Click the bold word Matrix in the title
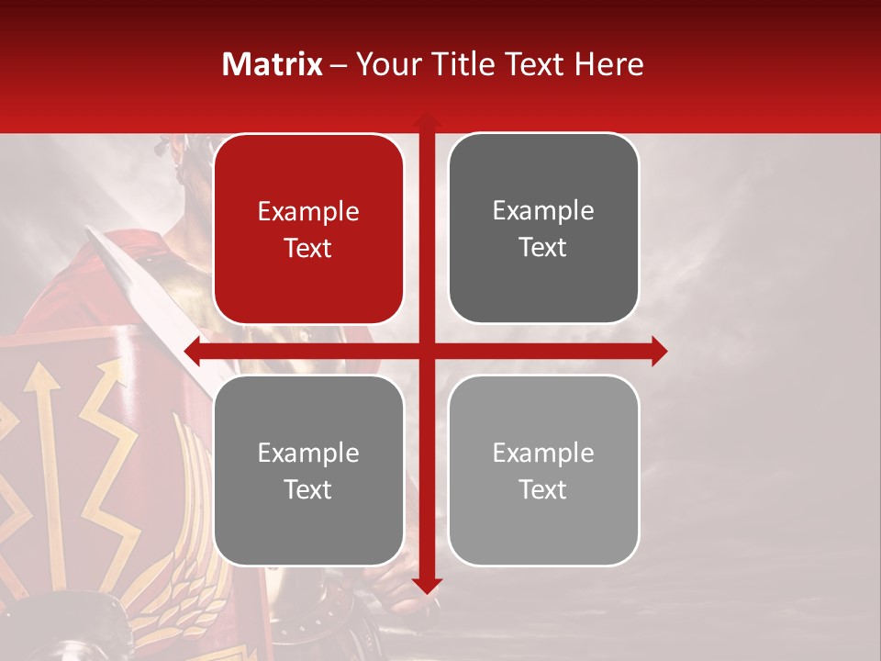[x=272, y=64]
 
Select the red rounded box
[x=308, y=230]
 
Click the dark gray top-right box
[x=543, y=229]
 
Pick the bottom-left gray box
[x=308, y=471]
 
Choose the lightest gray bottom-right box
[x=543, y=471]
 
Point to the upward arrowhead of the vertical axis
[x=427, y=120]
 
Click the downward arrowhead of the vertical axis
[x=427, y=585]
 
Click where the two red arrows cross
[x=427, y=351]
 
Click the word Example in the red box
[x=308, y=212]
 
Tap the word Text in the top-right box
[x=543, y=248]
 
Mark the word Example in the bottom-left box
[x=308, y=454]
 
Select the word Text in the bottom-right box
[x=543, y=490]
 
